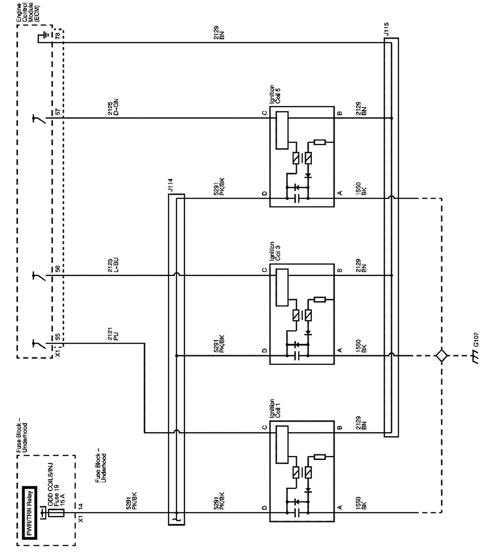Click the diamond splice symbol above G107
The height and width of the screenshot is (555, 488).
pyautogui.click(x=441, y=355)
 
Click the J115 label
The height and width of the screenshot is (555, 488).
pyautogui.click(x=386, y=30)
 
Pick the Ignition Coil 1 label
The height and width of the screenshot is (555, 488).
pyautogui.click(x=274, y=409)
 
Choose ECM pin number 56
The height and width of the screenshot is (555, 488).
pyautogui.click(x=58, y=269)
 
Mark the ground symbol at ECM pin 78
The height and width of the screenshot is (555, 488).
pyautogui.click(x=45, y=35)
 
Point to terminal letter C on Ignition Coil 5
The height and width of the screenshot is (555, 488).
pyautogui.click(x=264, y=113)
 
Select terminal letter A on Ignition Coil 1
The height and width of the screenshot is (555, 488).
pyautogui.click(x=340, y=507)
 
